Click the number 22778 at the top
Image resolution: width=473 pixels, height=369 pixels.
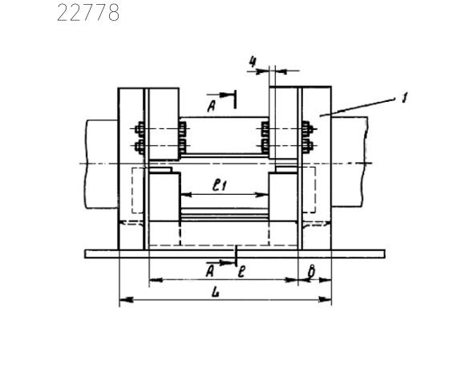pos(88,14)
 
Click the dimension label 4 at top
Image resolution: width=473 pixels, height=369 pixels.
pos(253,63)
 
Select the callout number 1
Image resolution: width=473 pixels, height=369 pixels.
pos(405,99)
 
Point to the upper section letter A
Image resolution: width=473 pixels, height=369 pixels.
pos(212,106)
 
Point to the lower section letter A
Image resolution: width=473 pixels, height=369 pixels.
pos(210,271)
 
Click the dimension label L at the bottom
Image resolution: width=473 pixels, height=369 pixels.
pos(216,292)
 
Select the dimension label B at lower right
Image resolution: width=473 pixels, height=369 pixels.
pos(311,271)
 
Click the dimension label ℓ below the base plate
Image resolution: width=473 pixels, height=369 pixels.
pos(241,272)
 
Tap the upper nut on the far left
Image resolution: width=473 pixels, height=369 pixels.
pos(139,129)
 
